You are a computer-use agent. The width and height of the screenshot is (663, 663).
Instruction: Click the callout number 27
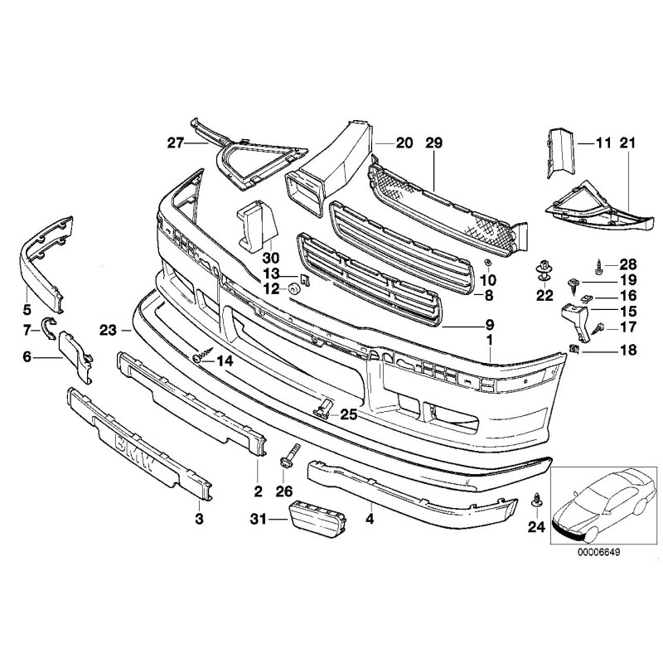pyautogui.click(x=174, y=143)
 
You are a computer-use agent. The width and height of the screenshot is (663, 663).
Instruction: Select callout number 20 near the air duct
pyautogui.click(x=404, y=143)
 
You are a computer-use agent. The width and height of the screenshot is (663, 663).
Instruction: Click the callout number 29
pyautogui.click(x=437, y=143)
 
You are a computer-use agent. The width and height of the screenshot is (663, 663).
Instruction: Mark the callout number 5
pyautogui.click(x=27, y=310)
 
